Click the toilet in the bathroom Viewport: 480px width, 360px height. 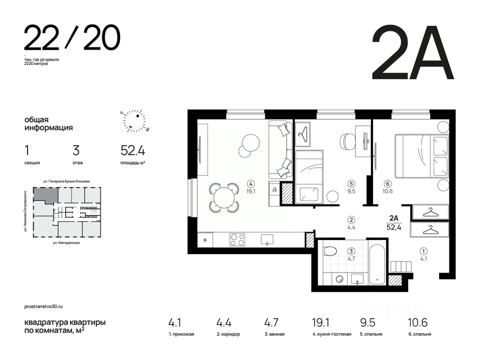330,251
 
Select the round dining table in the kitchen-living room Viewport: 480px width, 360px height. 224,198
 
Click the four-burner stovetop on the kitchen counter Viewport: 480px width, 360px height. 237,240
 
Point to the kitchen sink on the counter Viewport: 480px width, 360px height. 267,240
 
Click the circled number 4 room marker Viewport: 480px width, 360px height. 250,184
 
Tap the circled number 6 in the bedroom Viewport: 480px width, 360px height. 388,184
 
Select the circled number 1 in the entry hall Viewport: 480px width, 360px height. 424,251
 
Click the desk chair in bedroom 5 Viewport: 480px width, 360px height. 347,142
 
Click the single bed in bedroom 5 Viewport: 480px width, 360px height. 309,177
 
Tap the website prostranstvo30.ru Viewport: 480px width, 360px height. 43,306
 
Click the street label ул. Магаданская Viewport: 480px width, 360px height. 66,243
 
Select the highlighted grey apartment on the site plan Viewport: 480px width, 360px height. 46,195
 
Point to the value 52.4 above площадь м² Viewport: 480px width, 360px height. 133,151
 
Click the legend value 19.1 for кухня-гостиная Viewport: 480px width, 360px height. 321,322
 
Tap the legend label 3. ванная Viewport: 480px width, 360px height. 274,334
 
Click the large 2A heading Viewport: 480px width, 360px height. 413,52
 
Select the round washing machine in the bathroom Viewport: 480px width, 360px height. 339,279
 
